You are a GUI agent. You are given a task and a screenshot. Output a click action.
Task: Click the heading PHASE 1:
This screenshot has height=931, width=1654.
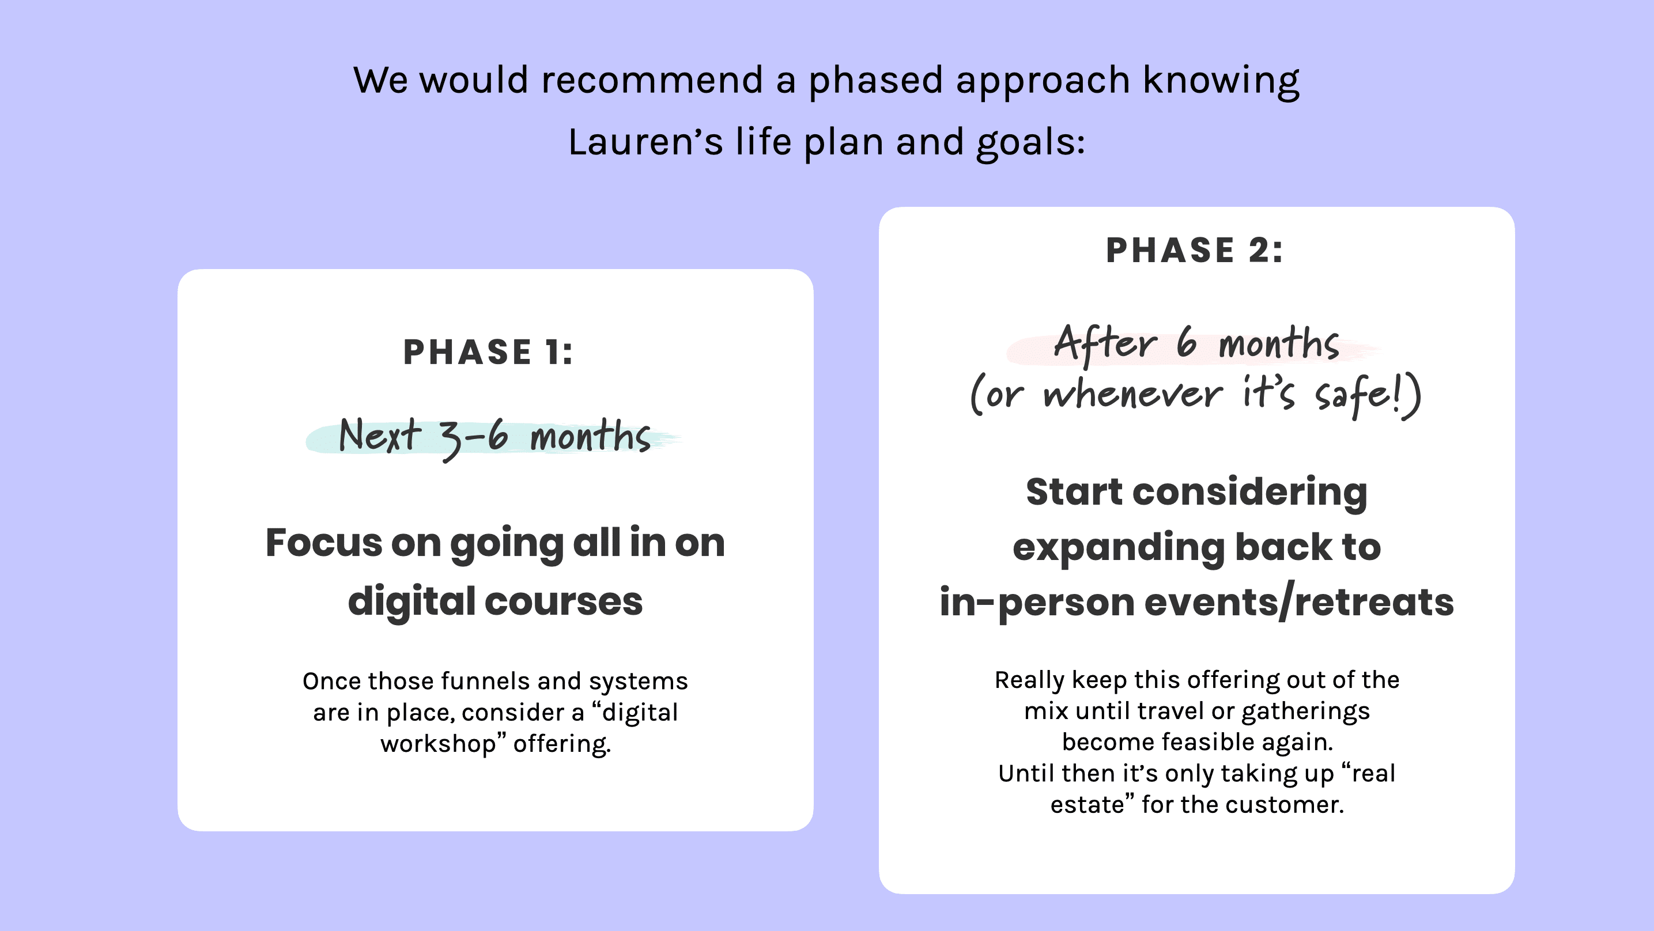pyautogui.click(x=488, y=353)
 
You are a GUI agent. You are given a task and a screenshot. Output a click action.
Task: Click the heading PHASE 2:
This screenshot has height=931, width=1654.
pyautogui.click(x=1194, y=251)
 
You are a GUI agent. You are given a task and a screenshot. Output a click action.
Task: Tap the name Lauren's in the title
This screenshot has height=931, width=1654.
pyautogui.click(x=645, y=142)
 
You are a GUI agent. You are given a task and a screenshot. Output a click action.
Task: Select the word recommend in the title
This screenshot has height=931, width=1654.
pyautogui.click(x=652, y=80)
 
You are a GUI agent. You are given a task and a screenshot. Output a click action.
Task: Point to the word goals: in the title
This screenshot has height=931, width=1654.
pyautogui.click(x=1030, y=142)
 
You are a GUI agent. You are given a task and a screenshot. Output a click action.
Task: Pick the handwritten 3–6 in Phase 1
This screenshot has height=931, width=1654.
pyautogui.click(x=474, y=438)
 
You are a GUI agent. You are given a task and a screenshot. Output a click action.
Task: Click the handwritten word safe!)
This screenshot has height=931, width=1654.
pyautogui.click(x=1368, y=395)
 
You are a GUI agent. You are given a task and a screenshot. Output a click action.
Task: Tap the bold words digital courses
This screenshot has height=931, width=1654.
pyautogui.click(x=495, y=601)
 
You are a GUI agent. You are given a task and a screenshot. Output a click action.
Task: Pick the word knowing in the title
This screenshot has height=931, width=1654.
pyautogui.click(x=1221, y=80)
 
